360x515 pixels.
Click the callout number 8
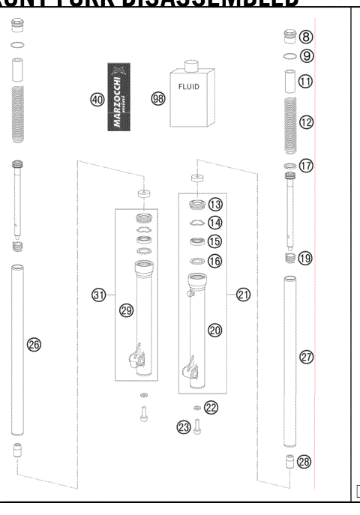306,37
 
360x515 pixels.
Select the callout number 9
306,55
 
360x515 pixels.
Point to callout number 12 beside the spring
306,121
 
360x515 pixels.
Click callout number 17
306,165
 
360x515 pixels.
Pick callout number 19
306,257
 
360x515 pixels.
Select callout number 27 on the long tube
306,357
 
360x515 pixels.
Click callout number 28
304,462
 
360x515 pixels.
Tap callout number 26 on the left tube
34,344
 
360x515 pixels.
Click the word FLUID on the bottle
187,87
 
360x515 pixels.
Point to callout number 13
216,204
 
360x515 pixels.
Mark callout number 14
216,223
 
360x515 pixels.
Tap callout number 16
216,261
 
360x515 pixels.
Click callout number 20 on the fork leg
215,329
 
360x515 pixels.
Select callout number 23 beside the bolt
183,427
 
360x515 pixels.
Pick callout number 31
98,295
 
